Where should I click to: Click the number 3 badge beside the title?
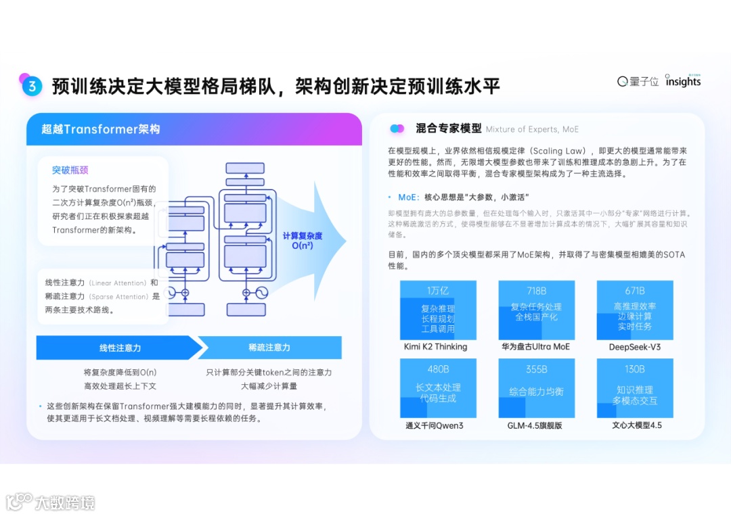pyautogui.click(x=31, y=86)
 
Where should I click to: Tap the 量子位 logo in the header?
pyautogui.click(x=638, y=82)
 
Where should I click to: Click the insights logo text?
pyautogui.click(x=683, y=82)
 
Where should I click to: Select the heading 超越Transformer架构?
pyautogui.click(x=101, y=129)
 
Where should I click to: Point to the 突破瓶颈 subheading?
pyautogui.click(x=70, y=170)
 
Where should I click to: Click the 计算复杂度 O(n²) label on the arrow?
pyautogui.click(x=303, y=241)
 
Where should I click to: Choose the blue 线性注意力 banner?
pyautogui.click(x=120, y=348)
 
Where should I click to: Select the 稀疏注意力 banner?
pyautogui.click(x=269, y=348)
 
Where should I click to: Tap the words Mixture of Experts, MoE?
pyautogui.click(x=532, y=129)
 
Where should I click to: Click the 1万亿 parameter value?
pyautogui.click(x=438, y=291)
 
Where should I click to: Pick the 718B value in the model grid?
pyautogui.click(x=537, y=291)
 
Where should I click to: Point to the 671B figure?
pyautogui.click(x=635, y=291)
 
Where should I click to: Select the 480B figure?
pyautogui.click(x=438, y=369)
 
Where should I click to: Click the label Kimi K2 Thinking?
pyautogui.click(x=436, y=347)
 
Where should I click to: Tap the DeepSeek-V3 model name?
pyautogui.click(x=635, y=347)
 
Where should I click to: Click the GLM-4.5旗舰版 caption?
pyautogui.click(x=535, y=425)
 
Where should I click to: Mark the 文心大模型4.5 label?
pyautogui.click(x=637, y=425)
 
